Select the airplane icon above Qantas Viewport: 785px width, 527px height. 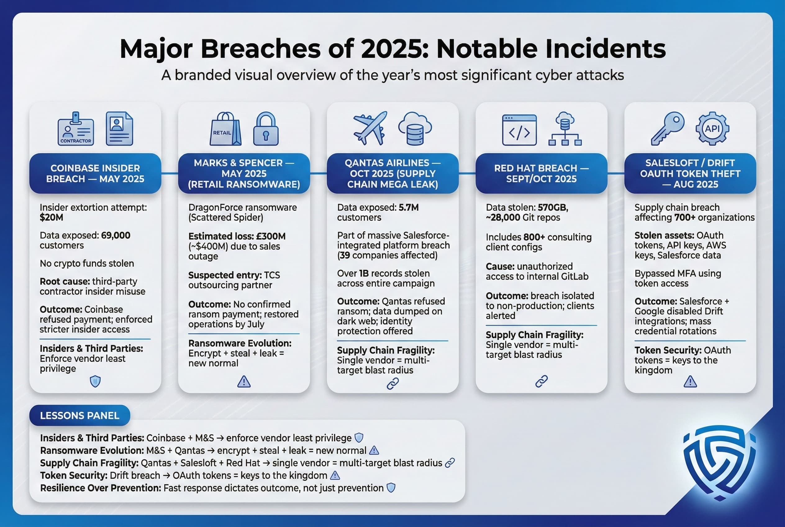[x=370, y=128]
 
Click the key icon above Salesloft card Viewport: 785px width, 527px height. [x=667, y=128]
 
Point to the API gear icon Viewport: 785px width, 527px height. [x=712, y=128]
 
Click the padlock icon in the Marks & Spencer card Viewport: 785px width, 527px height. [x=266, y=129]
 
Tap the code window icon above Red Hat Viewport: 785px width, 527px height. [x=519, y=130]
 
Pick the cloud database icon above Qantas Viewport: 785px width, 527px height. [x=415, y=129]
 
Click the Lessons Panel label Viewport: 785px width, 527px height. [x=79, y=415]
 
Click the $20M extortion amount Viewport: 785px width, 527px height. [x=52, y=218]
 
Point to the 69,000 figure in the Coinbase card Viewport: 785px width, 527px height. [x=116, y=235]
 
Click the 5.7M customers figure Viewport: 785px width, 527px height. [x=408, y=207]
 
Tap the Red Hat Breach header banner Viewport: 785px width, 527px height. [x=541, y=173]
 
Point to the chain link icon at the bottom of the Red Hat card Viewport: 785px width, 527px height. [x=542, y=382]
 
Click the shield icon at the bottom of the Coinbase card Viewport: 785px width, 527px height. [x=95, y=382]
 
